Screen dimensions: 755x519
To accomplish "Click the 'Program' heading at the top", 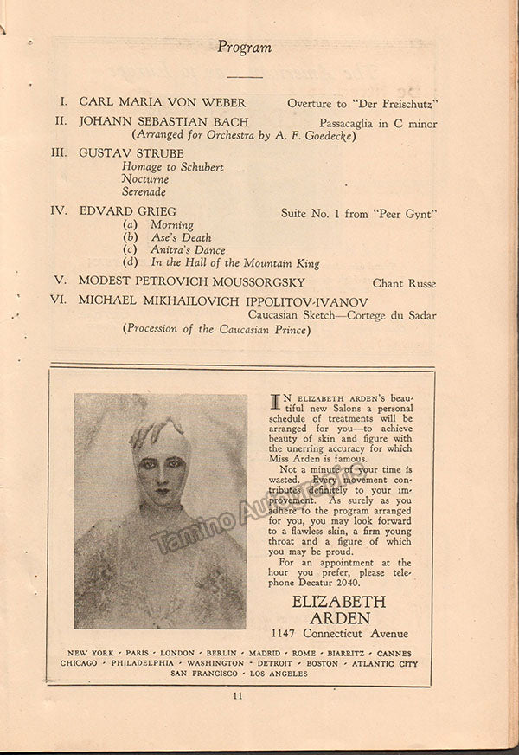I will click(x=244, y=48).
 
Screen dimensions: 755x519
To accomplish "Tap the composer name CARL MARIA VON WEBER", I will click(x=163, y=102).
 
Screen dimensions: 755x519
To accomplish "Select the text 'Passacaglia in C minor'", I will click(x=378, y=123).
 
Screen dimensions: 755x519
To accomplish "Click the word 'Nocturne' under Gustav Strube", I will click(x=144, y=179).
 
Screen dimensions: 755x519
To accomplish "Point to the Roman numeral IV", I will click(x=59, y=210).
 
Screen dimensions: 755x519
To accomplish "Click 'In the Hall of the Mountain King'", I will click(x=234, y=263).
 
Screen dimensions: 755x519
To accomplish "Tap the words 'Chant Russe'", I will click(x=404, y=283).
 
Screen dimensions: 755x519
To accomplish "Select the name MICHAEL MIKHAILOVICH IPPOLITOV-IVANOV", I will click(x=223, y=300).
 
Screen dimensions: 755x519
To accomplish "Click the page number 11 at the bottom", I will click(x=238, y=694).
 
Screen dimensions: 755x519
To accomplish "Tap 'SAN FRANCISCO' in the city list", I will click(x=204, y=674).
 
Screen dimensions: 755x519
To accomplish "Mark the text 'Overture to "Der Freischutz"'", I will click(x=362, y=102).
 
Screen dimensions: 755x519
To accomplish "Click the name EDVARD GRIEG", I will click(x=127, y=211).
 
